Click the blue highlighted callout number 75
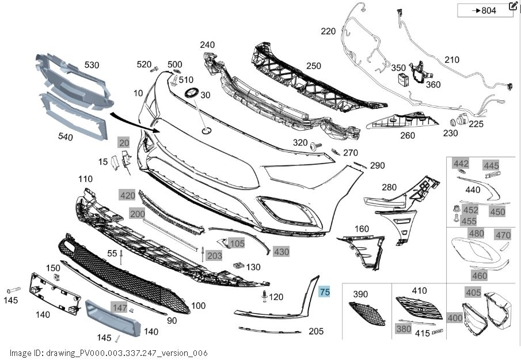[324, 292]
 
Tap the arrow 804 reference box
[485, 10]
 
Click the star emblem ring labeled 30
[191, 93]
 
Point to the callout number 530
[92, 65]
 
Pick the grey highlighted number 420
[128, 195]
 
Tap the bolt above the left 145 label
[14, 290]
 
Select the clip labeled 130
[238, 266]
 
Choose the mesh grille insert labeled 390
[367, 313]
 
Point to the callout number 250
[314, 66]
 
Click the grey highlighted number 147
[120, 308]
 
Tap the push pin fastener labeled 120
[265, 296]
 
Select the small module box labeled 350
[404, 80]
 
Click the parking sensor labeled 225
[462, 119]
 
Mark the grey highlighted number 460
[480, 275]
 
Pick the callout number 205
[315, 331]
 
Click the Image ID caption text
[109, 353]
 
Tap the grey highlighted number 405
[473, 293]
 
